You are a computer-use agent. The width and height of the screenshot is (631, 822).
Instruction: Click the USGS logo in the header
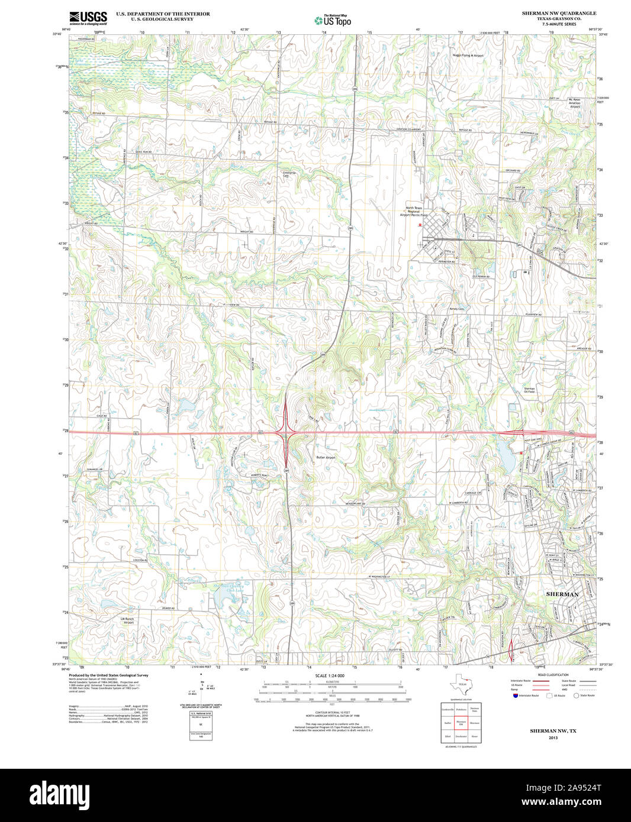click(x=88, y=18)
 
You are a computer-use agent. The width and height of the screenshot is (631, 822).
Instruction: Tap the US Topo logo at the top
click(x=332, y=20)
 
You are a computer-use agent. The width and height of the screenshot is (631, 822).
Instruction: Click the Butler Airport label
click(x=326, y=458)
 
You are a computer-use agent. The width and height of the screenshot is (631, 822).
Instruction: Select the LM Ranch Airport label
click(x=128, y=620)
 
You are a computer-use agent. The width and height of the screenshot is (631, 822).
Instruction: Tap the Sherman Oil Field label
click(x=529, y=390)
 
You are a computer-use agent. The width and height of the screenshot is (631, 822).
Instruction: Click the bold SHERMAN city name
click(x=562, y=594)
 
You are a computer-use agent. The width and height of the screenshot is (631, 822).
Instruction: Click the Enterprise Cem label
click(x=289, y=174)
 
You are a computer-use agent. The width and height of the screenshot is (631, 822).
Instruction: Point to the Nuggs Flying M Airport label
click(x=468, y=56)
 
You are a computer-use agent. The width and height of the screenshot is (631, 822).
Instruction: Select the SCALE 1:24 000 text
click(x=330, y=675)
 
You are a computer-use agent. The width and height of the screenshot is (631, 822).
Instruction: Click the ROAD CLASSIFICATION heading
click(x=553, y=675)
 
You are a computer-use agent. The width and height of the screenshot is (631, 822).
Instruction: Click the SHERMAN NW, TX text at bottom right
click(x=553, y=731)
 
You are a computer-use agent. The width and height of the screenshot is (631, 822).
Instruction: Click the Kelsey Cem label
click(x=457, y=309)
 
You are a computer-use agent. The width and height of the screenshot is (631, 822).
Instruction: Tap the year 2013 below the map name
click(x=553, y=738)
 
